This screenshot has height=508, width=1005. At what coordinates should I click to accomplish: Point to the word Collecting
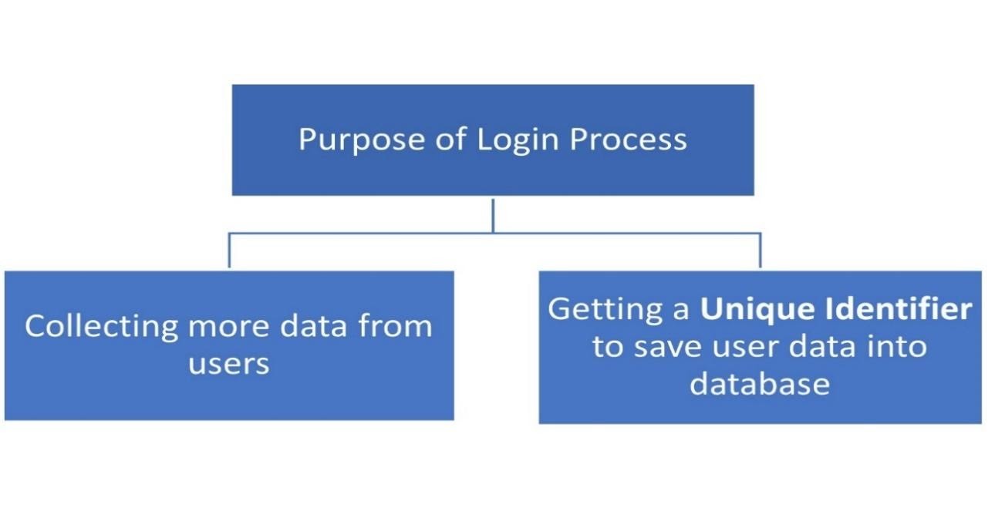(x=100, y=326)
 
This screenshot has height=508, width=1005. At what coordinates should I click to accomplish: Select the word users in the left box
(x=229, y=364)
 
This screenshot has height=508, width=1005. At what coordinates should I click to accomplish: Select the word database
(x=759, y=384)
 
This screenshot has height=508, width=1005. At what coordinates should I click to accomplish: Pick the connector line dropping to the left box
(x=229, y=250)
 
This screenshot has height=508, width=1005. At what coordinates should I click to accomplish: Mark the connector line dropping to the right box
(x=760, y=250)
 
